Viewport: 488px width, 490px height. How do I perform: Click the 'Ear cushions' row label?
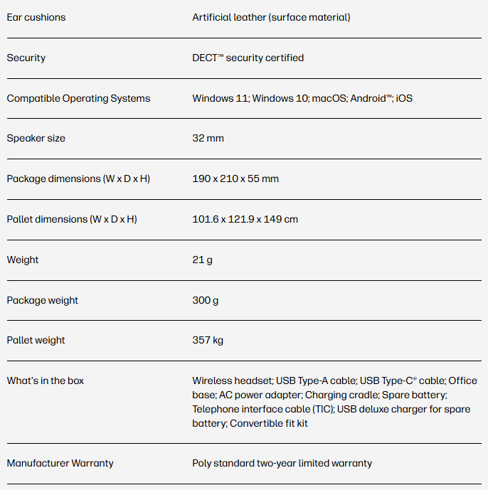pos(36,17)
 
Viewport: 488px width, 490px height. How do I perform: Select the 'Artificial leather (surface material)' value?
pos(271,17)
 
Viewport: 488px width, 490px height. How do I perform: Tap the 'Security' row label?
pos(26,58)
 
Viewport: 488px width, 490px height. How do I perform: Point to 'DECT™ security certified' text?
pos(248,58)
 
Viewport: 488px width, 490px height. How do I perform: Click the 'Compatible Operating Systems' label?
pos(78,98)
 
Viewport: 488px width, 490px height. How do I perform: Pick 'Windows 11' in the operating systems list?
pos(221,98)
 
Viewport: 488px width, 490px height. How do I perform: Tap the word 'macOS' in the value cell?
pos(329,98)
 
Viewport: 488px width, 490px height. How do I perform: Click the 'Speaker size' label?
pos(36,138)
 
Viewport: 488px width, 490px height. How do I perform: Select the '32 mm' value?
pos(208,138)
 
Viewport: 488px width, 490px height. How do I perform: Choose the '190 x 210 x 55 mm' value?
pos(235,179)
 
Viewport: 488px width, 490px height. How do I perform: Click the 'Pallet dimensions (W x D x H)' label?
pos(72,219)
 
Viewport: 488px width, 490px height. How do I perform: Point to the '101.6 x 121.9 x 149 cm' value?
pos(245,219)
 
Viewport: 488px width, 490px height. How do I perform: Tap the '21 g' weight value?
pos(202,260)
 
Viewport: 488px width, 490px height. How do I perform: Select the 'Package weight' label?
pos(42,300)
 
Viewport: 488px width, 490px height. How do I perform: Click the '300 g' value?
pos(205,300)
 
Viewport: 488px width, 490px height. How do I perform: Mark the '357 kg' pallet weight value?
pos(208,340)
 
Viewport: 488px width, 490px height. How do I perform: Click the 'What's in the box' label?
pos(45,380)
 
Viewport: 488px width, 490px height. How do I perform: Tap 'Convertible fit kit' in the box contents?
pos(269,423)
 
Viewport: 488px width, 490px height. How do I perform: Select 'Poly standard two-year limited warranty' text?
pos(282,463)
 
